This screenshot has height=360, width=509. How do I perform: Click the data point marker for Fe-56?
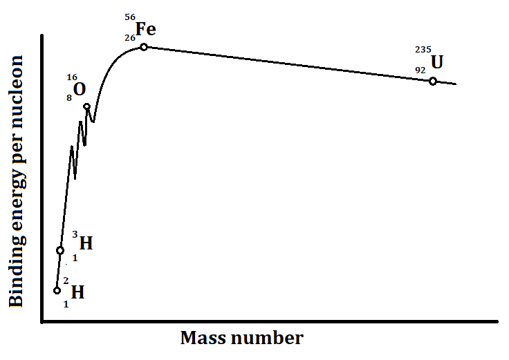(x=144, y=47)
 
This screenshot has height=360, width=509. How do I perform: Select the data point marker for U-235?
(x=433, y=81)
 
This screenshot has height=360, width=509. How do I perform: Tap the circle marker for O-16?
(x=87, y=106)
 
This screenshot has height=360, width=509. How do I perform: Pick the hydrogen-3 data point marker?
(x=60, y=250)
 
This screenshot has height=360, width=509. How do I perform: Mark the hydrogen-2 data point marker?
(x=57, y=290)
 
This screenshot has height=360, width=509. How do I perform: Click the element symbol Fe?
(x=145, y=30)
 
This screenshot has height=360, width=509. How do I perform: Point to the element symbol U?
(x=437, y=62)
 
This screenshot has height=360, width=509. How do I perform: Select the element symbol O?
(x=80, y=90)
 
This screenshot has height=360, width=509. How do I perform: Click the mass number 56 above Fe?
(x=131, y=17)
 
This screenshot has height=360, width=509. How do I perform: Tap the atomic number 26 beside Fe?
(x=130, y=38)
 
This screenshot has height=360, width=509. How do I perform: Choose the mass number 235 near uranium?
(x=423, y=50)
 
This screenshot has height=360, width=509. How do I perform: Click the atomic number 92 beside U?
(x=420, y=70)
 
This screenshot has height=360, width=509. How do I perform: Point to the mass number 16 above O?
(x=73, y=77)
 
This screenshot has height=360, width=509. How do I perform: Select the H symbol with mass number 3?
(x=86, y=243)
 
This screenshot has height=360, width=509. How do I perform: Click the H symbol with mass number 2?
(x=77, y=292)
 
